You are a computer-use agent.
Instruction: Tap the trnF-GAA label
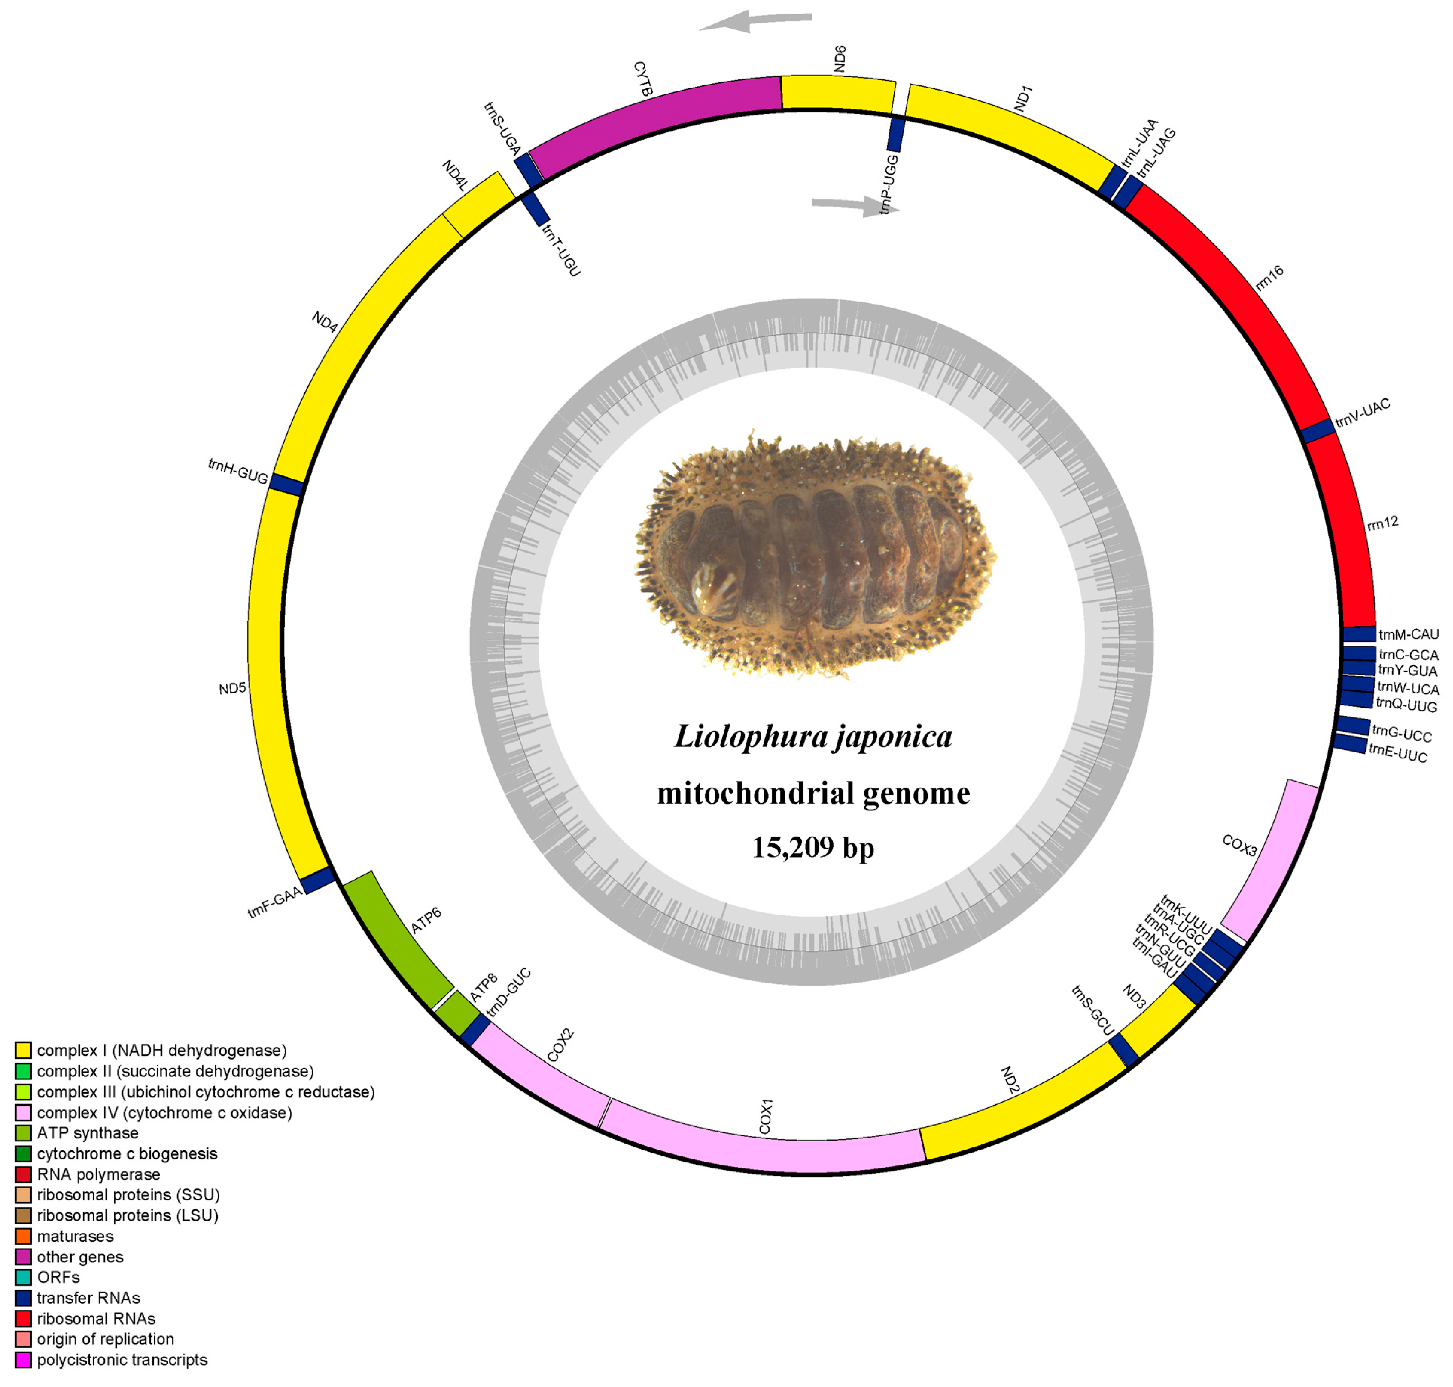click(275, 904)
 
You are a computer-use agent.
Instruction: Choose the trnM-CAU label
click(1409, 634)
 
